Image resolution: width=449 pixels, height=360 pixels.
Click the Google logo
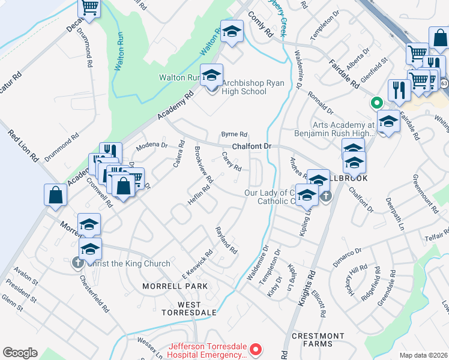[20, 353]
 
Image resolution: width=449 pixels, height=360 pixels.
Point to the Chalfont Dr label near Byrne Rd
[252, 146]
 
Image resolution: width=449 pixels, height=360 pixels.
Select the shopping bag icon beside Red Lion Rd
[55, 194]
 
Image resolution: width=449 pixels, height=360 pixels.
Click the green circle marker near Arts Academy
[377, 102]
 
